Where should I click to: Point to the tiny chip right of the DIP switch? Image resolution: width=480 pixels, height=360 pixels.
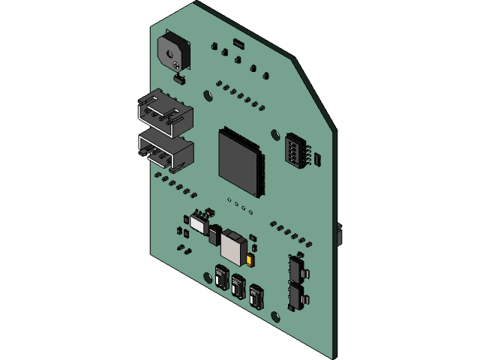(x=317, y=159)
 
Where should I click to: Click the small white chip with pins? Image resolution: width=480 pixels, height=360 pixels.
(x=199, y=223)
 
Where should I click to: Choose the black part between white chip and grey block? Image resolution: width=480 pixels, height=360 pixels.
(x=215, y=235)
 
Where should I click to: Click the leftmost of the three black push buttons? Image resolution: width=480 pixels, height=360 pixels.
(x=222, y=277)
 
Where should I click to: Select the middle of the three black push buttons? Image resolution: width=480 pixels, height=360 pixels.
(x=238, y=286)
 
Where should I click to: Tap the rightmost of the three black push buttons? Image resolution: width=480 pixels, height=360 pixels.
(x=256, y=295)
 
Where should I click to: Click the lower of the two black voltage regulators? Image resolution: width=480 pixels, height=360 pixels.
(x=297, y=296)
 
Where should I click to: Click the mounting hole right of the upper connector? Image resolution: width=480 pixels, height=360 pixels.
(x=208, y=95)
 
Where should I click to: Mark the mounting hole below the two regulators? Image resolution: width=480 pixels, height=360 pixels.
(x=275, y=316)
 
